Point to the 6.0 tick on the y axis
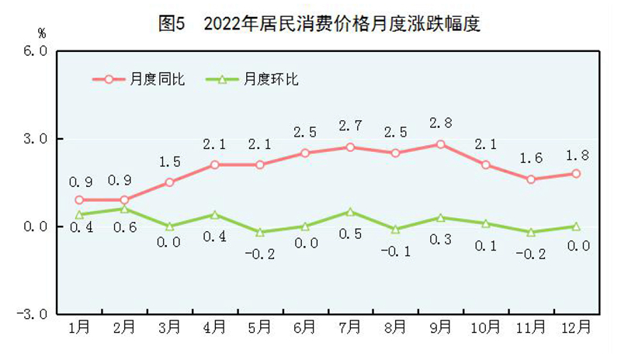click(x=36, y=51)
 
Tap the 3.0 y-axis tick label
click(x=36, y=139)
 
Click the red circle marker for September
click(x=440, y=144)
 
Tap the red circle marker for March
click(x=169, y=182)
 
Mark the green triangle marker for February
click(x=124, y=209)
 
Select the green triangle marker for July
click(x=350, y=211)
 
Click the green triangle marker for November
click(x=531, y=232)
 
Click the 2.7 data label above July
click(x=351, y=126)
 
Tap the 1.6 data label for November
click(x=532, y=158)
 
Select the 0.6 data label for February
click(x=125, y=230)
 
